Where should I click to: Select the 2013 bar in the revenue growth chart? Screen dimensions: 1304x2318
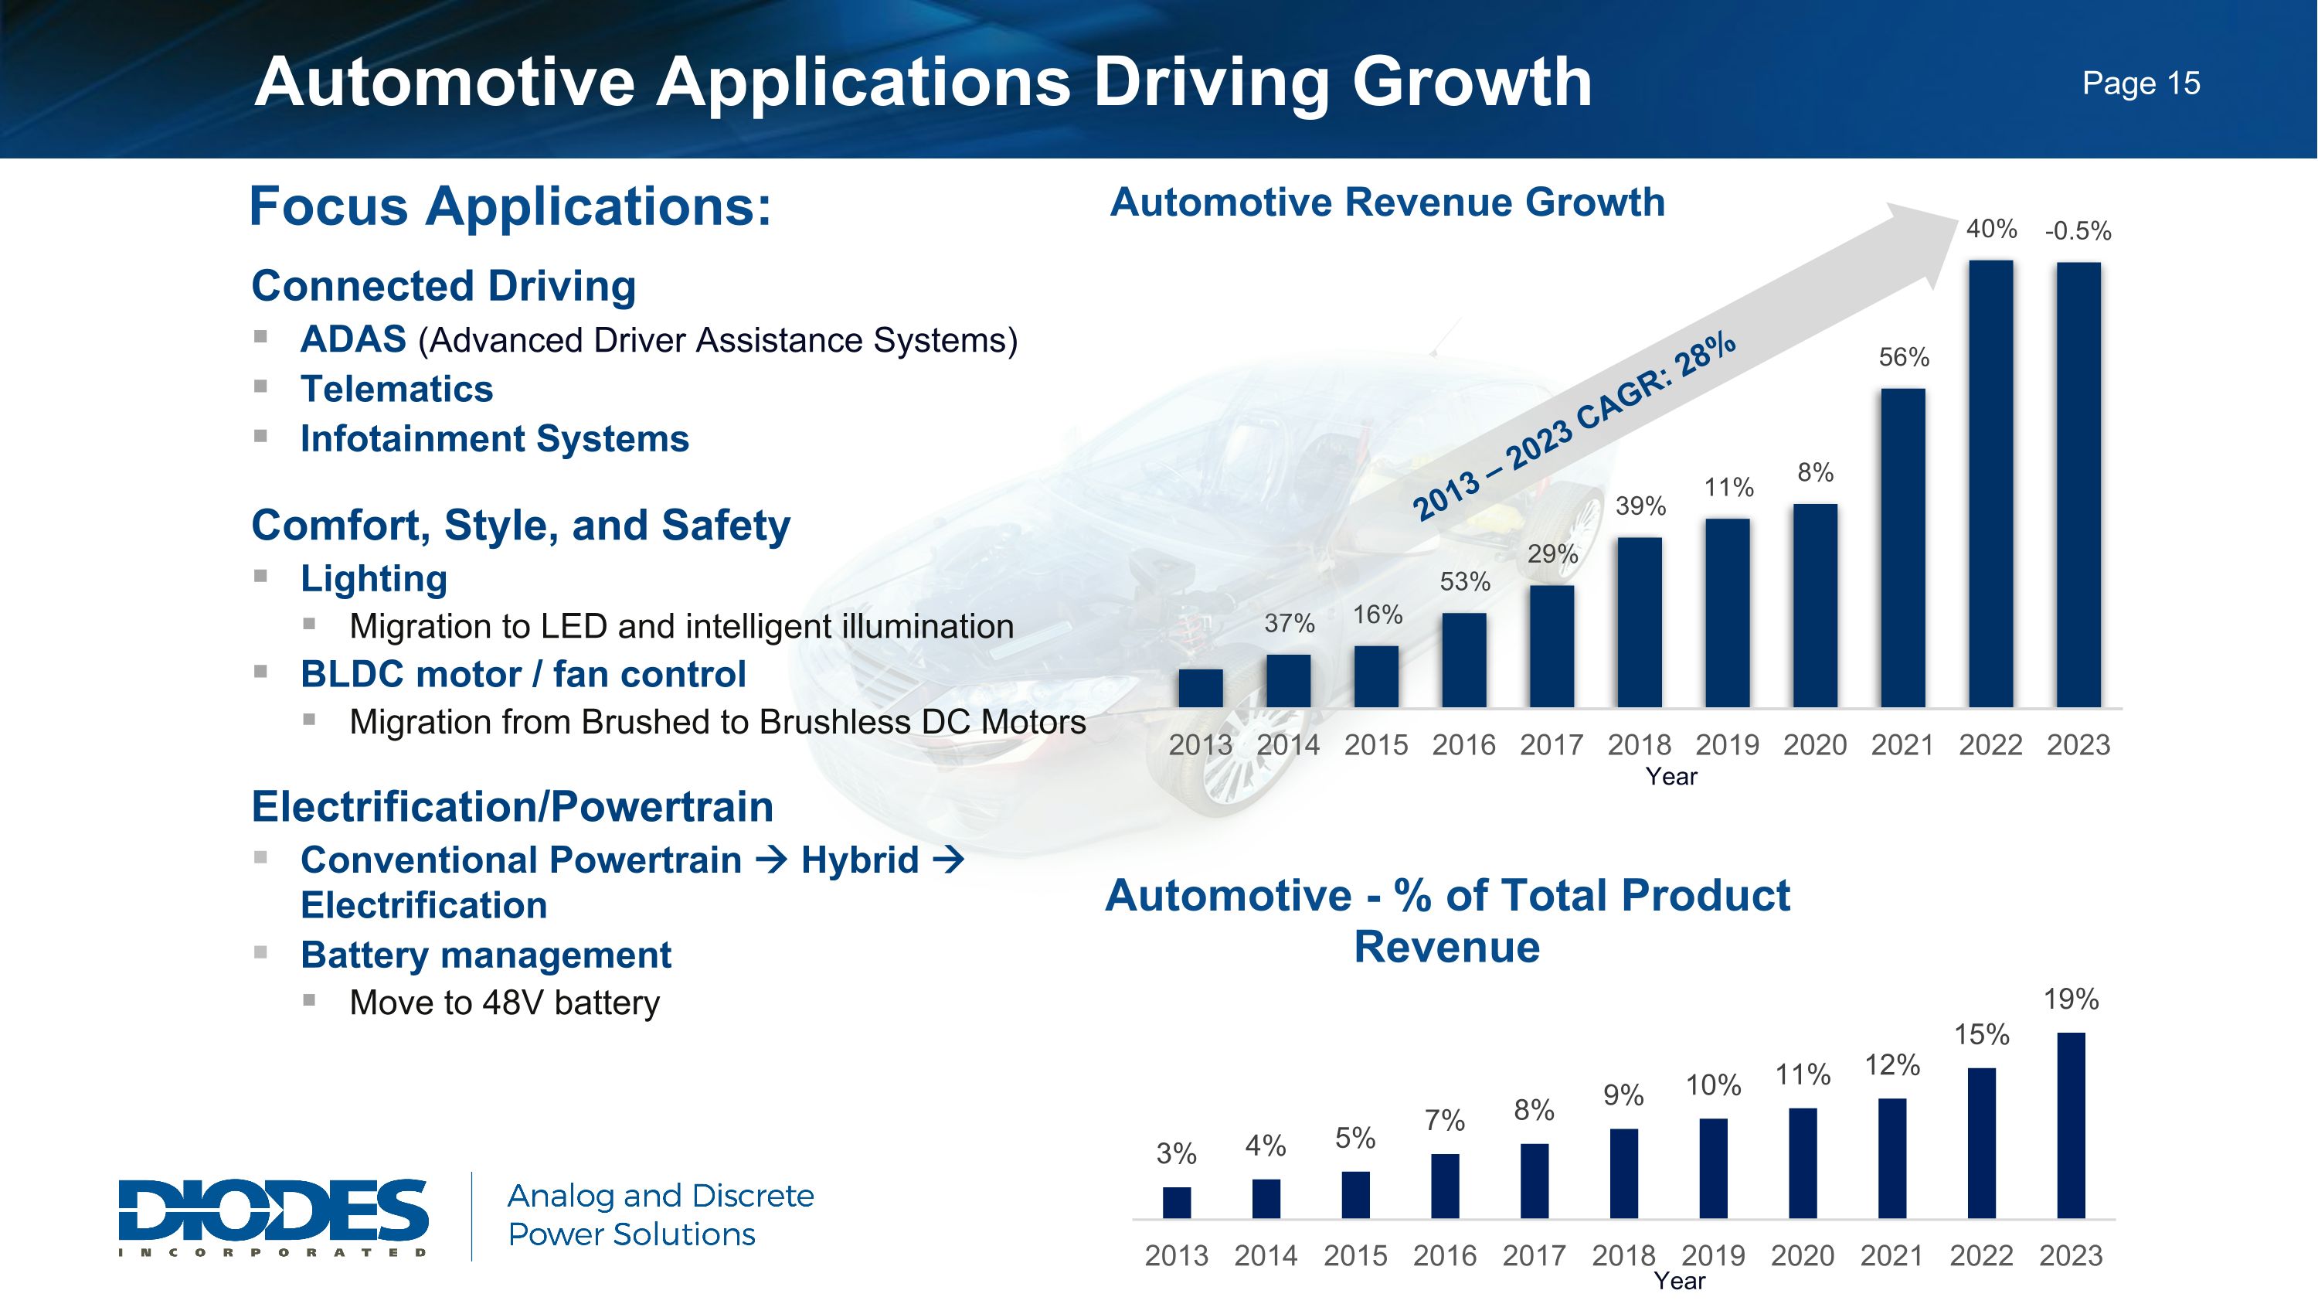(1201, 689)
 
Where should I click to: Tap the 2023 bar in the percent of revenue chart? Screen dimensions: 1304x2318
(2071, 1125)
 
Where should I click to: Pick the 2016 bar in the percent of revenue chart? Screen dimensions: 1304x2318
(1445, 1185)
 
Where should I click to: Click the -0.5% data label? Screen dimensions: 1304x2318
(2078, 231)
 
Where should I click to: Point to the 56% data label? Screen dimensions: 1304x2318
(1904, 357)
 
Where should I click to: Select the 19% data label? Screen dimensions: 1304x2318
(2071, 999)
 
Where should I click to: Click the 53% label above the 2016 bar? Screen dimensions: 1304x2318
(1465, 582)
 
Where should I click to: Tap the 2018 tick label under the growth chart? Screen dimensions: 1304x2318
(1640, 745)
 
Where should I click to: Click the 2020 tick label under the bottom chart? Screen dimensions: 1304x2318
(1803, 1255)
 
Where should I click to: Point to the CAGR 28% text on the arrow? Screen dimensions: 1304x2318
(1575, 427)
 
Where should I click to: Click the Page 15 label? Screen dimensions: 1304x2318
(2141, 83)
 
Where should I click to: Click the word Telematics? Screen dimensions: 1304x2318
(397, 390)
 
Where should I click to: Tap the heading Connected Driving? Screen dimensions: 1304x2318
(444, 286)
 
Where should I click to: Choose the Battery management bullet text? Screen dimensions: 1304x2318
(486, 955)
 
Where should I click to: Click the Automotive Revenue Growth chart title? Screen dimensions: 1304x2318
(1387, 202)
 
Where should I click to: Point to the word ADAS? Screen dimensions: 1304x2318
(353, 340)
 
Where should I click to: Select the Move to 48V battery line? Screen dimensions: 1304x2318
(504, 1003)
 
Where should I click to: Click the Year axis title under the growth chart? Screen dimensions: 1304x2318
(1671, 777)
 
